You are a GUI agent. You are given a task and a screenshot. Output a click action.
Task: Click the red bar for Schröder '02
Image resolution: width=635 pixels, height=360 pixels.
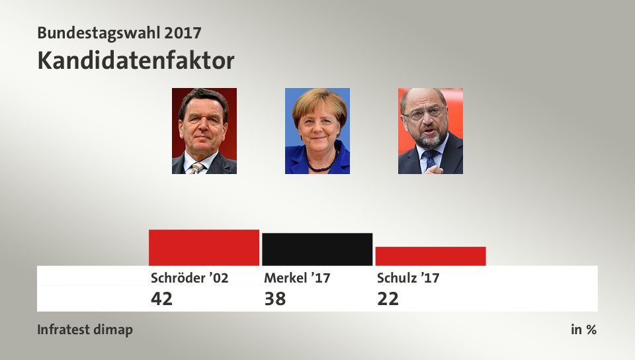pyautogui.click(x=204, y=247)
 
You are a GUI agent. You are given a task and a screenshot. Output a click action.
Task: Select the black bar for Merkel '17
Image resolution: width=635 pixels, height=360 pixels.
pyautogui.click(x=317, y=249)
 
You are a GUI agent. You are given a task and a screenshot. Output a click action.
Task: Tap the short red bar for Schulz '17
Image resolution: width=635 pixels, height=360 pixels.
pyautogui.click(x=430, y=256)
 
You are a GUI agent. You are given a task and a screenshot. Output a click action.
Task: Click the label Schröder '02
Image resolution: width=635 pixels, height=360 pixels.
pyautogui.click(x=189, y=278)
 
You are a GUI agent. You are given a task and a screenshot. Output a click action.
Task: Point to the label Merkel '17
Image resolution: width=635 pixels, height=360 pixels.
pyautogui.click(x=297, y=278)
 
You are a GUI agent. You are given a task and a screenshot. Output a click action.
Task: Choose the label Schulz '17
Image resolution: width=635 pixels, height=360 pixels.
pyautogui.click(x=407, y=278)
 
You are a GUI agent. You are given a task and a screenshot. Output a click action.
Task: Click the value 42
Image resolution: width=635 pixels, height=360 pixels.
pyautogui.click(x=161, y=298)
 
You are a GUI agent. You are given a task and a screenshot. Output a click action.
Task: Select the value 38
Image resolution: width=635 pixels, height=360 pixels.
pyautogui.click(x=275, y=298)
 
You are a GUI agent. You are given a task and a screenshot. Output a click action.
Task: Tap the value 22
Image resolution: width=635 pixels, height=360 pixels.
pyautogui.click(x=388, y=298)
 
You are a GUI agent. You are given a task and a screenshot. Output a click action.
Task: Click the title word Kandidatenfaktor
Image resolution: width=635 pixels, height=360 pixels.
pyautogui.click(x=136, y=61)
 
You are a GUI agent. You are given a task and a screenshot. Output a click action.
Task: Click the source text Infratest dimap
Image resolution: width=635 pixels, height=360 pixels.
pyautogui.click(x=85, y=330)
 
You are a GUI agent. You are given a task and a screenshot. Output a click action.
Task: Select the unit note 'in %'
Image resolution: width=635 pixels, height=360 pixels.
pyautogui.click(x=583, y=330)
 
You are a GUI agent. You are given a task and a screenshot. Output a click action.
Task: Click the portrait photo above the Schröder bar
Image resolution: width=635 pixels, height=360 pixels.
pyautogui.click(x=204, y=130)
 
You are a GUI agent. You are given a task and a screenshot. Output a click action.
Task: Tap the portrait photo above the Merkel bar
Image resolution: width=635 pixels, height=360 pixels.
pyautogui.click(x=317, y=130)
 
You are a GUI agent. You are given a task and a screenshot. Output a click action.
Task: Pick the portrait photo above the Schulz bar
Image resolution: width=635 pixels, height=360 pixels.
pyautogui.click(x=430, y=130)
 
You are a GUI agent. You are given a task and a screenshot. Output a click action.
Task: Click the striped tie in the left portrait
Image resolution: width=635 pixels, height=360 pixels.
pyautogui.click(x=196, y=168)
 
